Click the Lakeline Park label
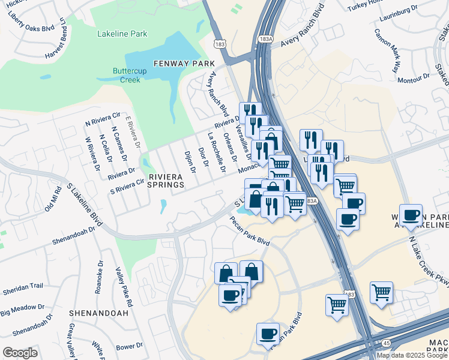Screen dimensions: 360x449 coord(122,34)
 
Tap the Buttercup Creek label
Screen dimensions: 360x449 coord(126,75)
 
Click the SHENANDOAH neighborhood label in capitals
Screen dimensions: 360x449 coord(98,313)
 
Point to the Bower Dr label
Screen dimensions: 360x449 coord(129,346)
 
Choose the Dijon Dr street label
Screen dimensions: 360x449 coord(190,161)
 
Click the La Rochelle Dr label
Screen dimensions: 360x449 coord(217,153)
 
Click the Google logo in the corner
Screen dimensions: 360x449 coord(20,353)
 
